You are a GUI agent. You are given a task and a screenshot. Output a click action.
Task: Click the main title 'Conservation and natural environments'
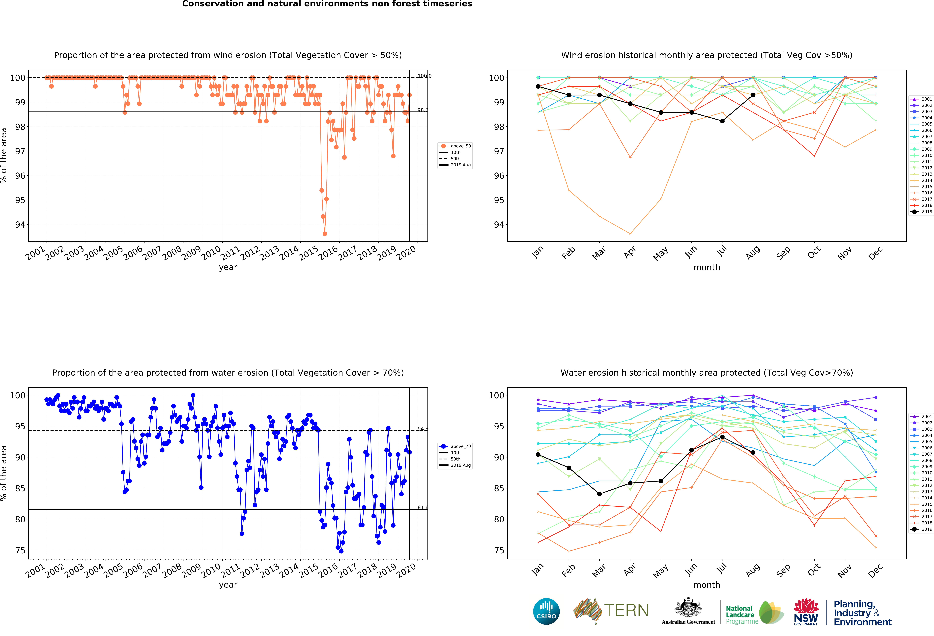(327, 4)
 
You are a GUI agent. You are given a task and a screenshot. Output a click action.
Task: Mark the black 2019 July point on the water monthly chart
(722, 437)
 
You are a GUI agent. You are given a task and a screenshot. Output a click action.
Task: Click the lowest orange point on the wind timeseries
(325, 234)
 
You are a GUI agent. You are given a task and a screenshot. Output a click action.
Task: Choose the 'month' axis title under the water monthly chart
(707, 585)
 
